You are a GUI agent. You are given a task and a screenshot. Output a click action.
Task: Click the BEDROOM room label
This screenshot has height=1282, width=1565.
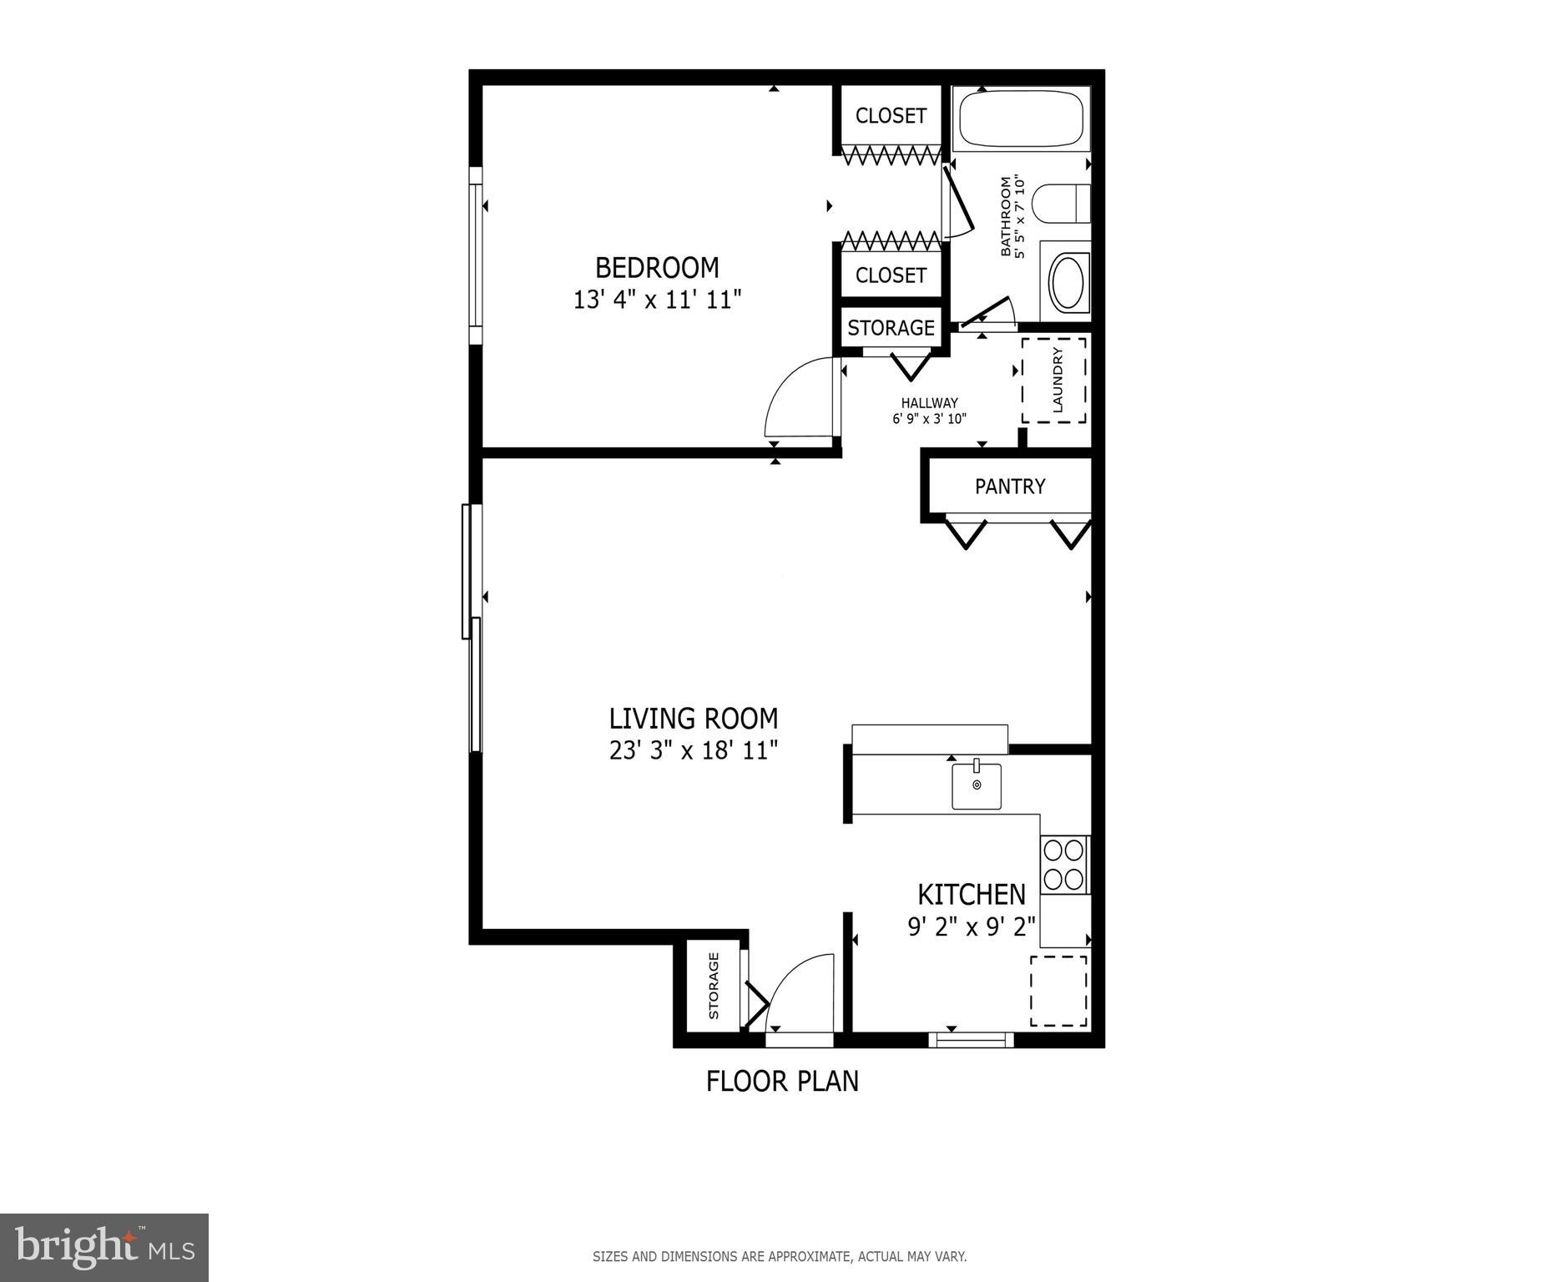[x=657, y=268]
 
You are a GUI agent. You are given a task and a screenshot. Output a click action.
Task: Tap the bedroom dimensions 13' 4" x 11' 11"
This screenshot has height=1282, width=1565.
[x=657, y=300]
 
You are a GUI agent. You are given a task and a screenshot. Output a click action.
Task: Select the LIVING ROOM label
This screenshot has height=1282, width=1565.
[x=693, y=719]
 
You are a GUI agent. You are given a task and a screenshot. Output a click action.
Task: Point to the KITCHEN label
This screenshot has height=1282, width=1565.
[x=972, y=895]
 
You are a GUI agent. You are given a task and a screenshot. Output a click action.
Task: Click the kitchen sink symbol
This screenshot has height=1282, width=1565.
[x=977, y=785]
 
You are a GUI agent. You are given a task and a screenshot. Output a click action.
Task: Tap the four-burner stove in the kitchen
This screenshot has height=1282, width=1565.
[x=1064, y=865]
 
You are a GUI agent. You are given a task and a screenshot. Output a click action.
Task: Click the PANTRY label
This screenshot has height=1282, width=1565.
[x=1010, y=487]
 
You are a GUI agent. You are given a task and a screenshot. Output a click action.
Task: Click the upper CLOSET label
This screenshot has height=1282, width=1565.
[x=891, y=116]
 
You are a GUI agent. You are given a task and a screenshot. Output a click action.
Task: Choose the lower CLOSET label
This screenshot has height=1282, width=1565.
[x=891, y=275]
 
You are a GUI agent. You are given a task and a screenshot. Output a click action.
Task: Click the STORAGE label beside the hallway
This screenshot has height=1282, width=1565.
[x=891, y=328]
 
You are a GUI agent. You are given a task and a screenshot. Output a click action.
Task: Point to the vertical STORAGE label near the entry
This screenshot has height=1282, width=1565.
[x=714, y=987]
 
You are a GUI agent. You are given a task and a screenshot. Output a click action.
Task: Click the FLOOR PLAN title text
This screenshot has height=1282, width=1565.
[x=782, y=1082]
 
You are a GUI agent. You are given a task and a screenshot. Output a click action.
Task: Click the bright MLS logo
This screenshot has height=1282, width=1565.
[x=104, y=1248]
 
